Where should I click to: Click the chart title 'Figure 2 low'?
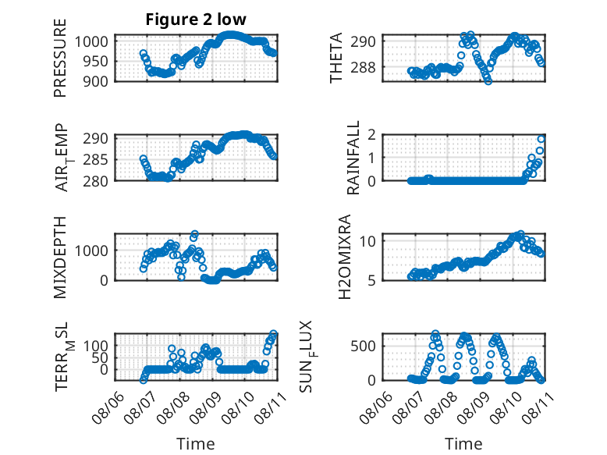point(196,20)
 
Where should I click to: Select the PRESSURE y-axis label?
point(60,58)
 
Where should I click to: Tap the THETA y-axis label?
point(336,58)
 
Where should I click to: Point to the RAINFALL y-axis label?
point(353,158)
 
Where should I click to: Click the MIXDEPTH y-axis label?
point(60,258)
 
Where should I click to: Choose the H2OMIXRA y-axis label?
point(345,257)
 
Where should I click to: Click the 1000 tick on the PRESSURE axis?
point(91,41)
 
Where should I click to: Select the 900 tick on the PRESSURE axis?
point(95,81)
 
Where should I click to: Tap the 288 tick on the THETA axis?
point(363,67)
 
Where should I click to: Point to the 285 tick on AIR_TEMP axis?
point(95,159)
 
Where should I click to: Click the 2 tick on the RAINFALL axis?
point(372,135)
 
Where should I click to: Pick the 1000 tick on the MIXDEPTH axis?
point(91,251)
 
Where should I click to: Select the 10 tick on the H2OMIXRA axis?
point(367,241)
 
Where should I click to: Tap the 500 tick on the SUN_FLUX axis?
point(363,346)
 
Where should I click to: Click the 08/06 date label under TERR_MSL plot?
point(108,407)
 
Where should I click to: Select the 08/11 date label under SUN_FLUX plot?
point(538,407)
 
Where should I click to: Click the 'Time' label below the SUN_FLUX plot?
point(463,443)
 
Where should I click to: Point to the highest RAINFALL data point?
point(541,140)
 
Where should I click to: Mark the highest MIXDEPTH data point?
point(194,234)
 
